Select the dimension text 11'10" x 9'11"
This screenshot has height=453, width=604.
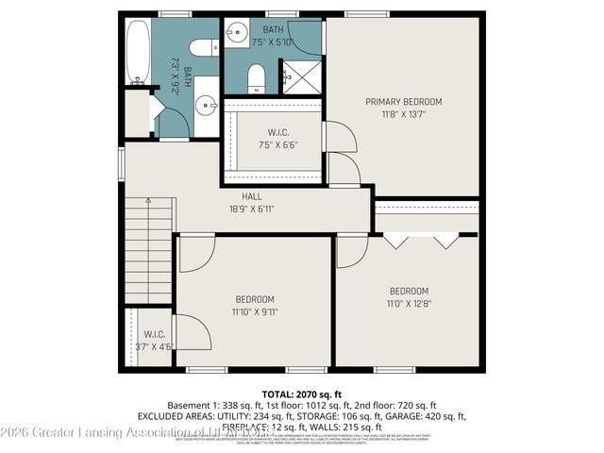point(255,311)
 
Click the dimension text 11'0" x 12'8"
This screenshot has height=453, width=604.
point(409,303)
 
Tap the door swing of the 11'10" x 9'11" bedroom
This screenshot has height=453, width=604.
point(195,253)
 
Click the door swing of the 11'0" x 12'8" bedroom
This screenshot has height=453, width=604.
point(351,250)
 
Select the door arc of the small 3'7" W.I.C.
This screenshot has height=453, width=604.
point(191,332)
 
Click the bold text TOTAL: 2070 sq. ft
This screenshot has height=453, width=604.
point(301,392)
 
